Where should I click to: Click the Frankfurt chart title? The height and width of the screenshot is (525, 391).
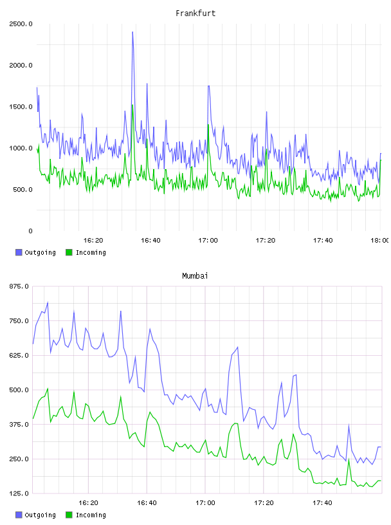pyautogui.click(x=195, y=14)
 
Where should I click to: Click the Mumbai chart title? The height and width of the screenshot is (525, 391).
pyautogui.click(x=195, y=276)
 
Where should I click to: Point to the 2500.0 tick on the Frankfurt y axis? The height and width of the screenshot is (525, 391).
pyautogui.click(x=21, y=24)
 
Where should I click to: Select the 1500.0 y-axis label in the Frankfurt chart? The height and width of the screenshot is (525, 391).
pyautogui.click(x=21, y=107)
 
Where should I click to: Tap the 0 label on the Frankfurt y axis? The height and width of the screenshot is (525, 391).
pyautogui.click(x=30, y=231)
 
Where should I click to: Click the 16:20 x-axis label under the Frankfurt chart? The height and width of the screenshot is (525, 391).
pyautogui.click(x=93, y=241)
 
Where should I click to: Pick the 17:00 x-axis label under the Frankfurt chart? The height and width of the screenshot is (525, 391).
pyautogui.click(x=208, y=241)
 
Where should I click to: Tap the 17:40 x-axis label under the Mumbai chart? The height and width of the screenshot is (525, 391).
pyautogui.click(x=322, y=503)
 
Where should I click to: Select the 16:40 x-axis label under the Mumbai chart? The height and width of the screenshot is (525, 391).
pyautogui.click(x=147, y=503)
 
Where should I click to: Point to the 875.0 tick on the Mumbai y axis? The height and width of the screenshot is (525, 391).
pyautogui.click(x=19, y=286)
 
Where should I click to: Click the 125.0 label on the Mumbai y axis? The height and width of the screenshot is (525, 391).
pyautogui.click(x=19, y=493)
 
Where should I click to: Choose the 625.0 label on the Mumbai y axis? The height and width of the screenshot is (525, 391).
pyautogui.click(x=19, y=356)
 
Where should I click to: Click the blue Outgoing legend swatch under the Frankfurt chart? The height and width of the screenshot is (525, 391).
pyautogui.click(x=19, y=252)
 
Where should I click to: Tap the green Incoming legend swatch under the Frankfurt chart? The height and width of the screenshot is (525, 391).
pyautogui.click(x=69, y=252)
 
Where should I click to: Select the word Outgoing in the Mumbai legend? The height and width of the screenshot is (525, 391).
pyautogui.click(x=40, y=515)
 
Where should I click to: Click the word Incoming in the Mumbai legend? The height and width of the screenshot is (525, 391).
pyautogui.click(x=91, y=515)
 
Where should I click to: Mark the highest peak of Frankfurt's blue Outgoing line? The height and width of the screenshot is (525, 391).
pyautogui.click(x=132, y=32)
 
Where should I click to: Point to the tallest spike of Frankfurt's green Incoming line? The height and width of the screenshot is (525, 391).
pyautogui.click(x=132, y=105)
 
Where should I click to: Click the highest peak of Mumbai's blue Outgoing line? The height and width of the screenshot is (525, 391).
pyautogui.click(x=48, y=302)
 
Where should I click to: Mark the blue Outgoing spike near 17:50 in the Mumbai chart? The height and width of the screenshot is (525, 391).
pyautogui.click(x=349, y=425)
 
